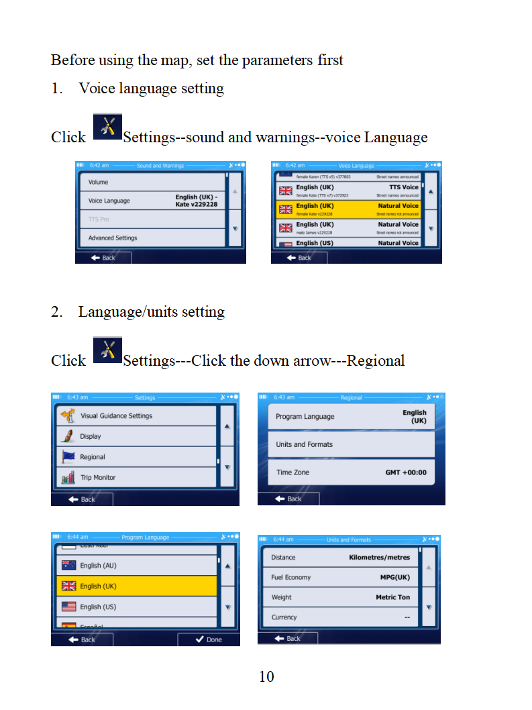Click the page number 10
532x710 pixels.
pos(266,676)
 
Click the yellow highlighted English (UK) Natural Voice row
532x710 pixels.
pos(348,209)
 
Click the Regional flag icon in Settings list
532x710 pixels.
pos(68,457)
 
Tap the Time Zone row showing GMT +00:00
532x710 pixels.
pos(351,472)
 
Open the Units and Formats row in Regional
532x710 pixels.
pos(351,444)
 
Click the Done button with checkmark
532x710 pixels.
pos(208,640)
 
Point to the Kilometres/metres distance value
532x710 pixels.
pos(379,558)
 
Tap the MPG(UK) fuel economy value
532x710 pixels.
pos(394,577)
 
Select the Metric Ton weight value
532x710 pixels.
pos(392,597)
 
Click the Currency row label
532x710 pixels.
pos(284,617)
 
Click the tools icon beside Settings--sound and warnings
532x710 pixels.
pos(107,126)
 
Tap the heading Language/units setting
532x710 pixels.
pos(151,311)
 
